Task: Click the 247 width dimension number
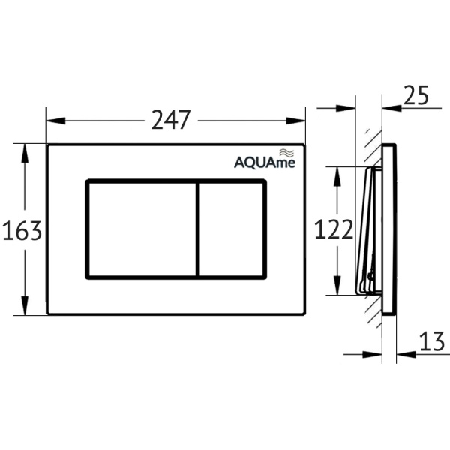[171, 120]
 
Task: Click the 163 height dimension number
[22, 231]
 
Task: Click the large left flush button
[142, 229]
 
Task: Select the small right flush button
[231, 229]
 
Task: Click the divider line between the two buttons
[197, 229]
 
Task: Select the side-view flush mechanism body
[367, 229]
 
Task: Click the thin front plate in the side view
[388, 229]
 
